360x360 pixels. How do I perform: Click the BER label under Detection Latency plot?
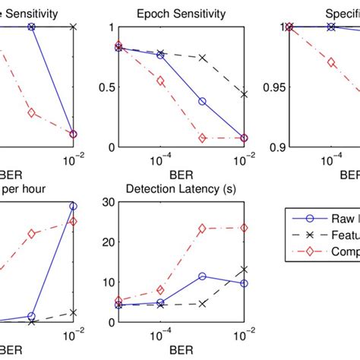tap(181, 352)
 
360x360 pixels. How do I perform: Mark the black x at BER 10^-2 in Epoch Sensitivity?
tap(244, 94)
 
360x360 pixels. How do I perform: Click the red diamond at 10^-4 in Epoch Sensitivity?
tap(160, 81)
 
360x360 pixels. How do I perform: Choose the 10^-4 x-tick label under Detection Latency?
tap(160, 334)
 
